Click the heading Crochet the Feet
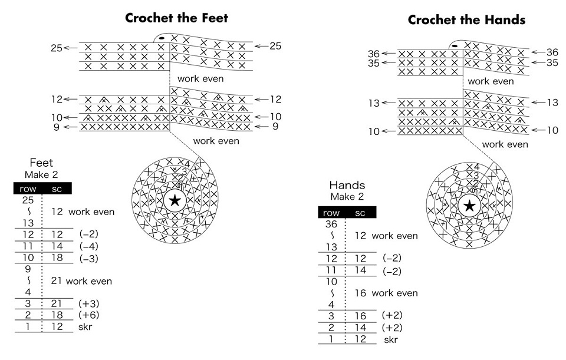pos(176,18)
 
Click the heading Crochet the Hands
pos(466,20)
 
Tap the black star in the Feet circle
pos(175,200)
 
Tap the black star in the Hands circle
pos(469,206)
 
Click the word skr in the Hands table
pos(390,340)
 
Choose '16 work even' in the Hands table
pos(387,293)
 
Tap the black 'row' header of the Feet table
pos(28,189)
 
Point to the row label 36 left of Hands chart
pos(373,54)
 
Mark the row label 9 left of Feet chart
pos(56,126)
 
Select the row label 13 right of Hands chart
pos(552,103)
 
